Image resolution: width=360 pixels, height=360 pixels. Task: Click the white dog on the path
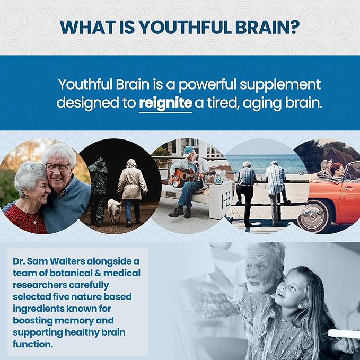pos(114,209)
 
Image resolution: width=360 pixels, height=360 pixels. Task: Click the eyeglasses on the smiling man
pos(56,167)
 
